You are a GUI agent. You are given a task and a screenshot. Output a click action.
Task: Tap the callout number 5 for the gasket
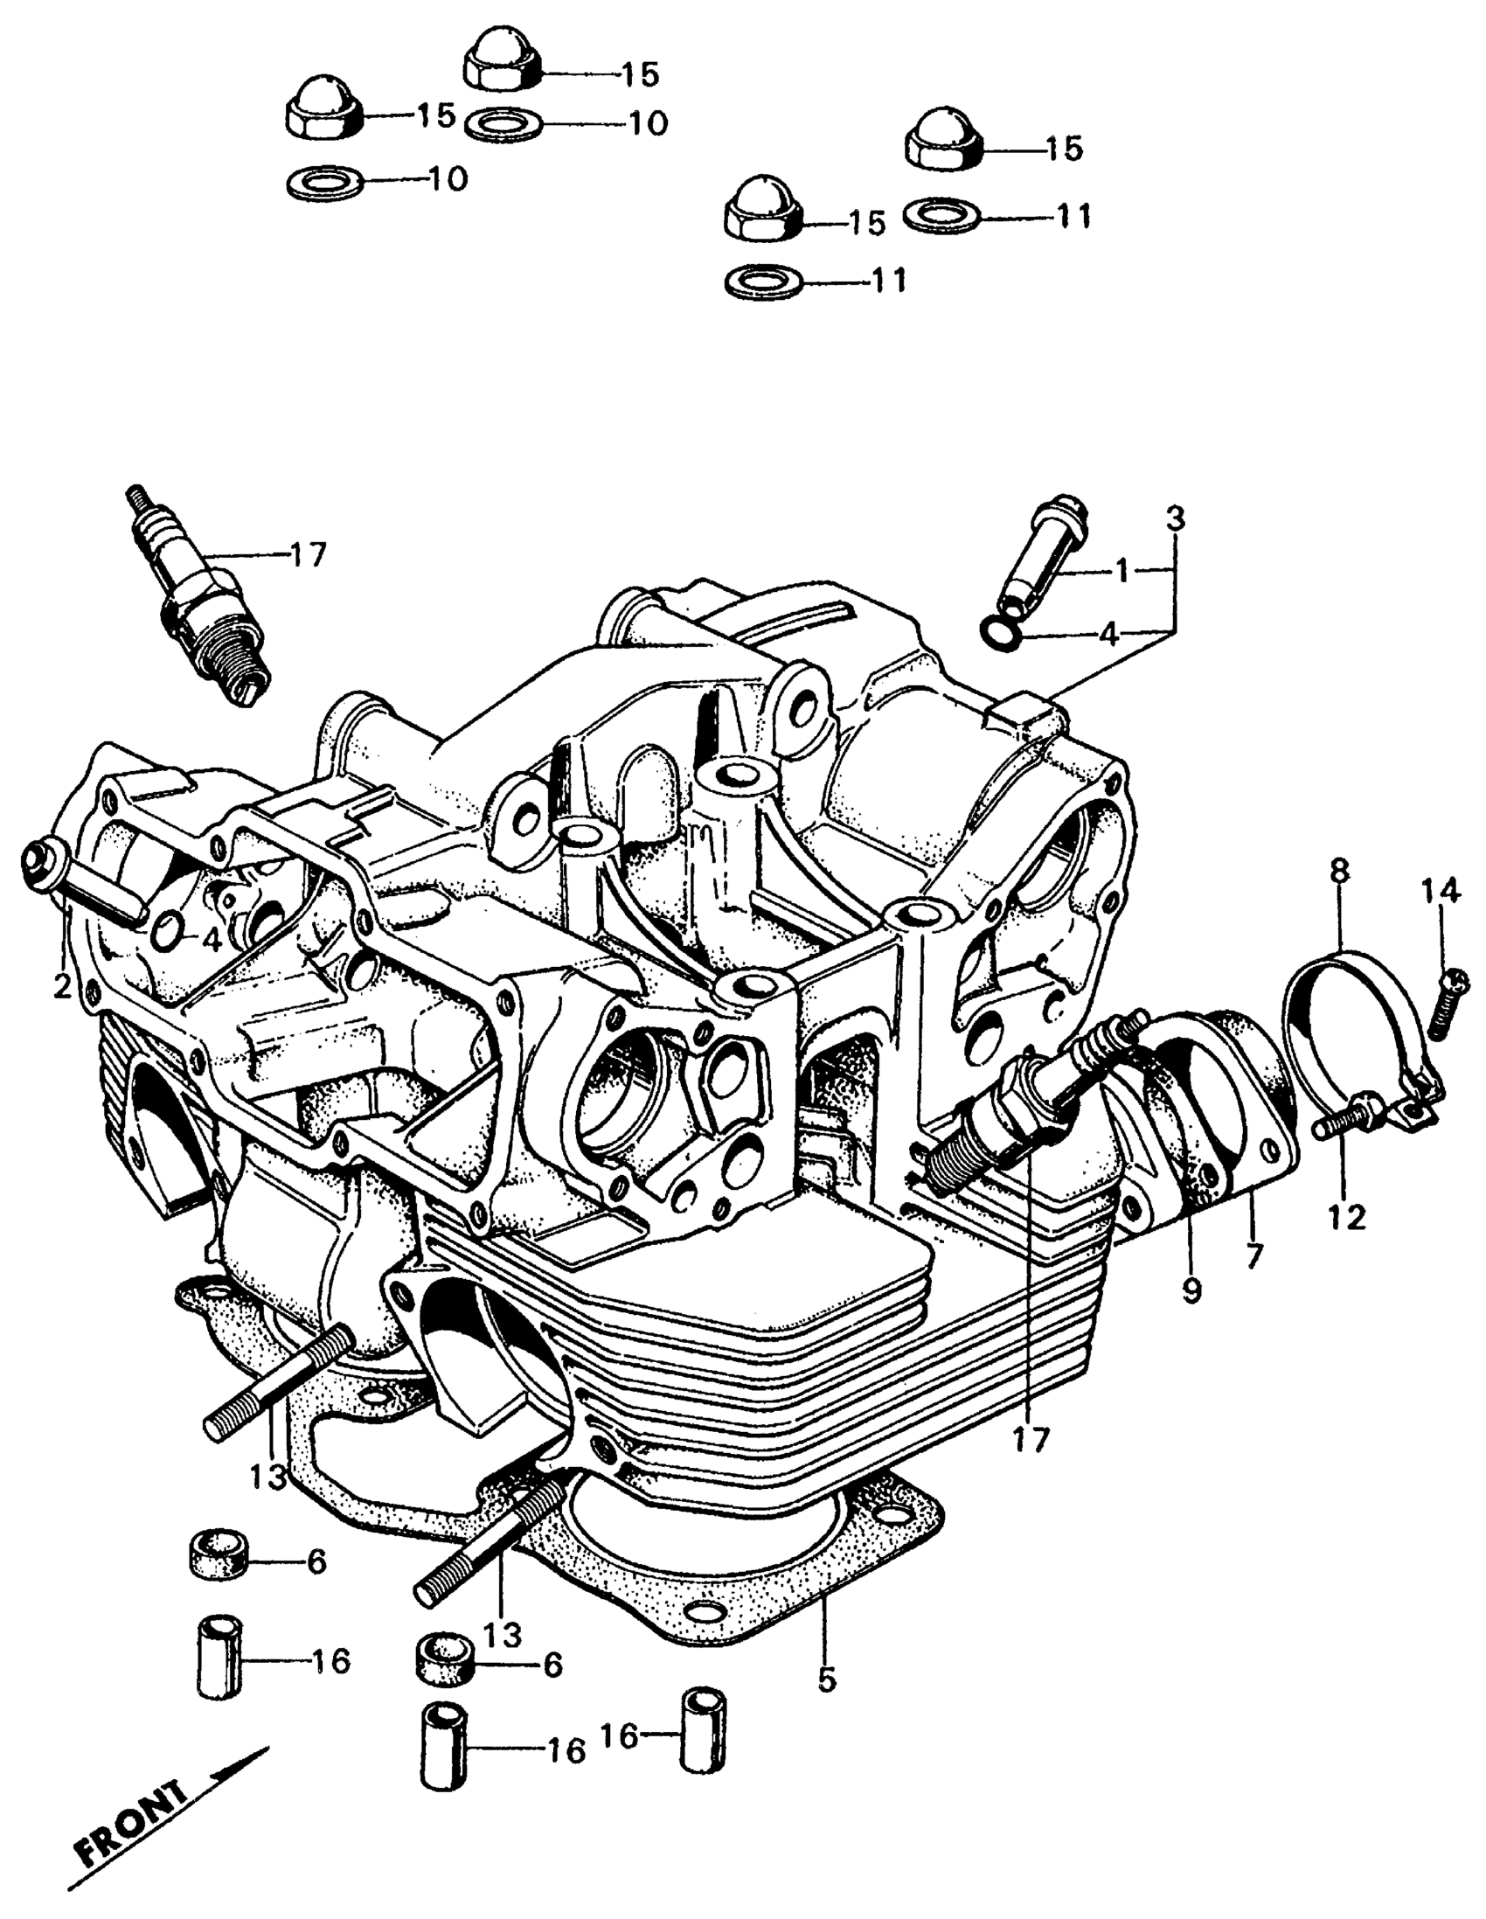(x=826, y=1680)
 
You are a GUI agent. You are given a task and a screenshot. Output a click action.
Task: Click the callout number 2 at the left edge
(x=61, y=987)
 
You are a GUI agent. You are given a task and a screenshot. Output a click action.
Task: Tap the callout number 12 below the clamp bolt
(x=1347, y=1218)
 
